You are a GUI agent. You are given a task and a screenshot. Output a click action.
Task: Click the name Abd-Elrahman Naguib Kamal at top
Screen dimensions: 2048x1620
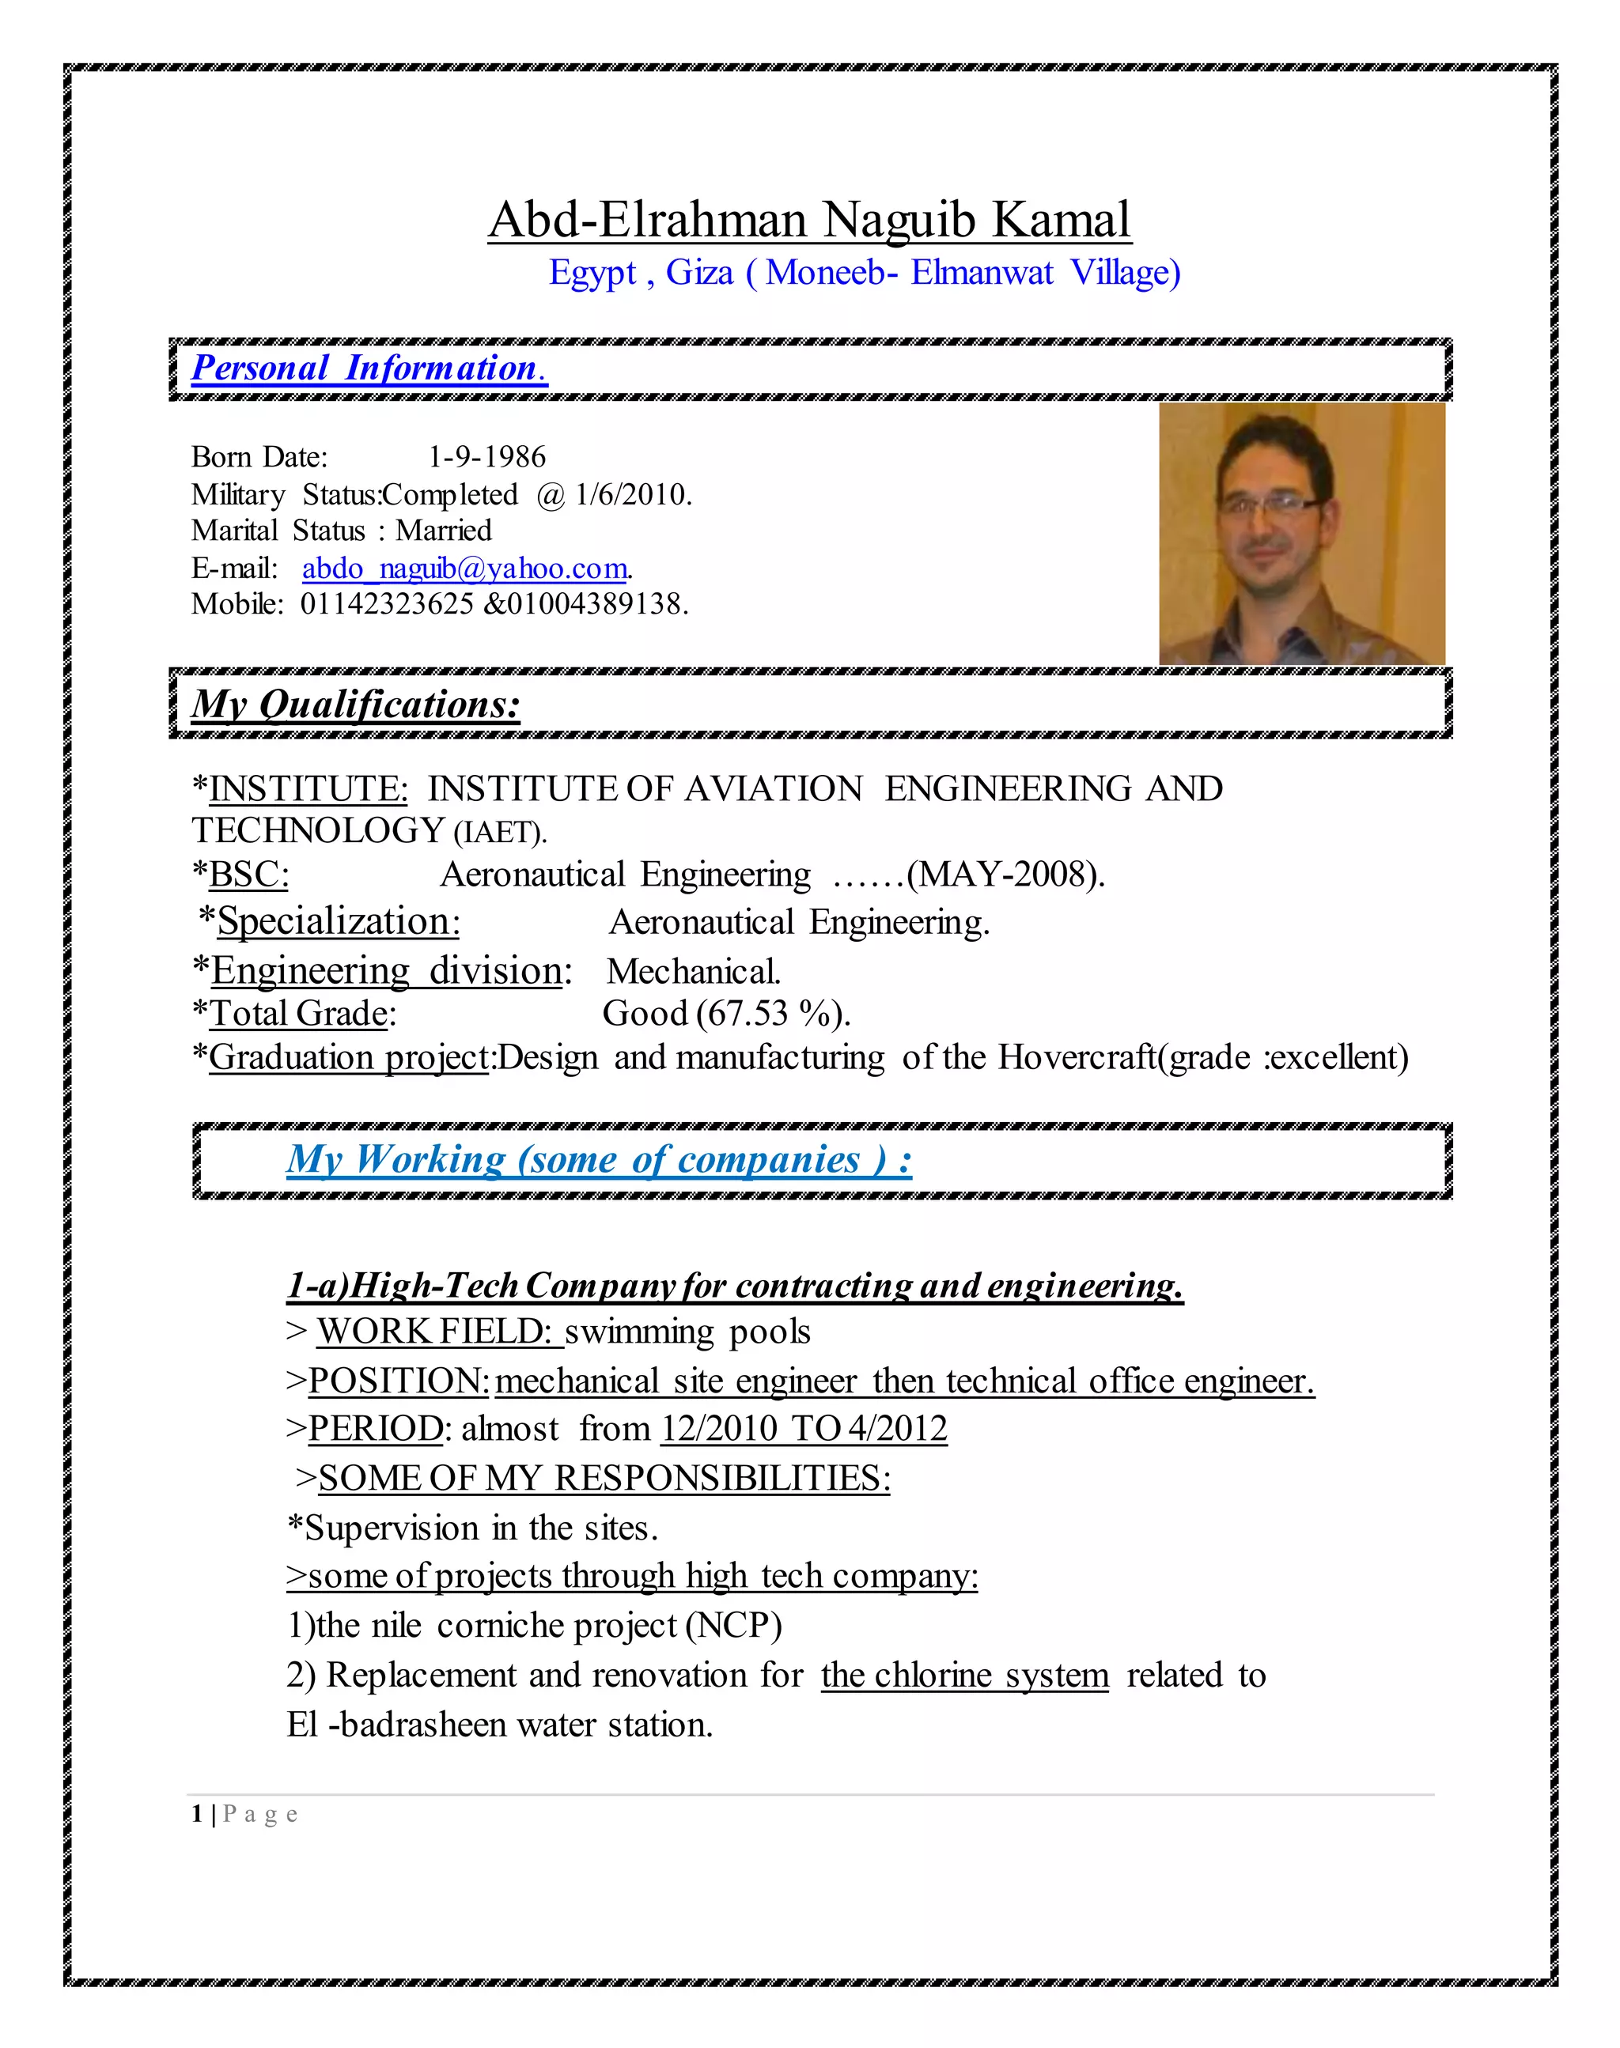coord(809,220)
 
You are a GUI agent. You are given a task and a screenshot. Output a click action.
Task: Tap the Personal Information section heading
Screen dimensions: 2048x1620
coord(369,368)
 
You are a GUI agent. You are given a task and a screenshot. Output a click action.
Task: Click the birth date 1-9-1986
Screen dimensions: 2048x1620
coord(486,457)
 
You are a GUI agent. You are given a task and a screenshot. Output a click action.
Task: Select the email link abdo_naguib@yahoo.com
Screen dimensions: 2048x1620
coord(465,568)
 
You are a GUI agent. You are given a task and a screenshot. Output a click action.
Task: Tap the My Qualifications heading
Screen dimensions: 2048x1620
coord(356,705)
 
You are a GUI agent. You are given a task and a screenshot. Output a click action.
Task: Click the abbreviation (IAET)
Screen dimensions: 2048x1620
coord(500,833)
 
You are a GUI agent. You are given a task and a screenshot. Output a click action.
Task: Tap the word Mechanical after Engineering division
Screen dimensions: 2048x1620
coord(694,972)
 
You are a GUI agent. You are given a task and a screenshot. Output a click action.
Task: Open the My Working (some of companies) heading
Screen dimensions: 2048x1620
coord(599,1159)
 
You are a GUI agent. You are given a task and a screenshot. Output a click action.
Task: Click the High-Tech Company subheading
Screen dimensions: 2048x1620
coord(734,1286)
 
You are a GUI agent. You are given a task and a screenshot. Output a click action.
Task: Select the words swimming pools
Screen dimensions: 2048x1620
coord(687,1332)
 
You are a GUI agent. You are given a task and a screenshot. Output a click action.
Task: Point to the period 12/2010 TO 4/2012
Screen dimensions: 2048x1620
coord(804,1429)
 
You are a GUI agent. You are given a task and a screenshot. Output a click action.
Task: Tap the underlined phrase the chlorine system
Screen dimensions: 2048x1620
coord(964,1676)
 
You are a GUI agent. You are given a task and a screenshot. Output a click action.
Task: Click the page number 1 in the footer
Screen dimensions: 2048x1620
coord(197,1814)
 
